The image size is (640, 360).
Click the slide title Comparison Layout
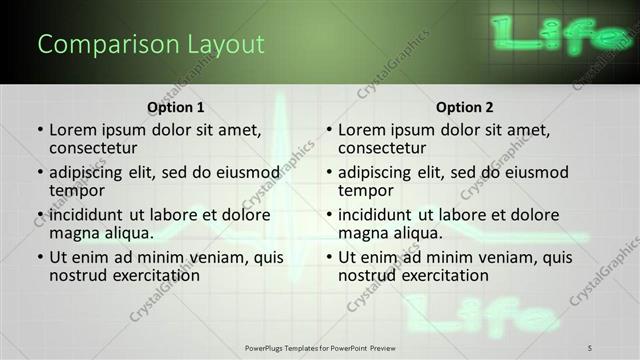point(150,45)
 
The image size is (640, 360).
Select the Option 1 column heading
point(176,106)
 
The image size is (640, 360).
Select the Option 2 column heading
point(465,106)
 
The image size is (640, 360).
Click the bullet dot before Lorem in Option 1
point(40,130)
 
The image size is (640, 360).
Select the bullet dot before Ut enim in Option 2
point(329,257)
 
